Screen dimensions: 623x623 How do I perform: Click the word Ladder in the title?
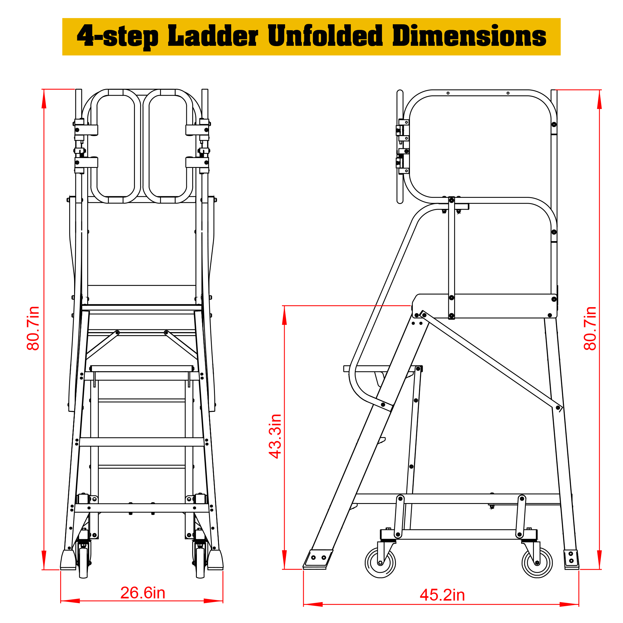coord(213,36)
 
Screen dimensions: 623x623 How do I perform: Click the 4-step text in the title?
coord(118,37)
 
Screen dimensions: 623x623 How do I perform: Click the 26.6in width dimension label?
coord(143,593)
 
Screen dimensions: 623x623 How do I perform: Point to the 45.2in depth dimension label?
coord(442,595)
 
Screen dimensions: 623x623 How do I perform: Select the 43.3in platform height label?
coord(275,436)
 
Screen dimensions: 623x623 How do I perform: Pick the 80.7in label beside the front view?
coord(33,328)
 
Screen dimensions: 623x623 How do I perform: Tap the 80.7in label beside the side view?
coord(590,328)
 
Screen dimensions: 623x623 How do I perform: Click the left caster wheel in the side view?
coord(381,563)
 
